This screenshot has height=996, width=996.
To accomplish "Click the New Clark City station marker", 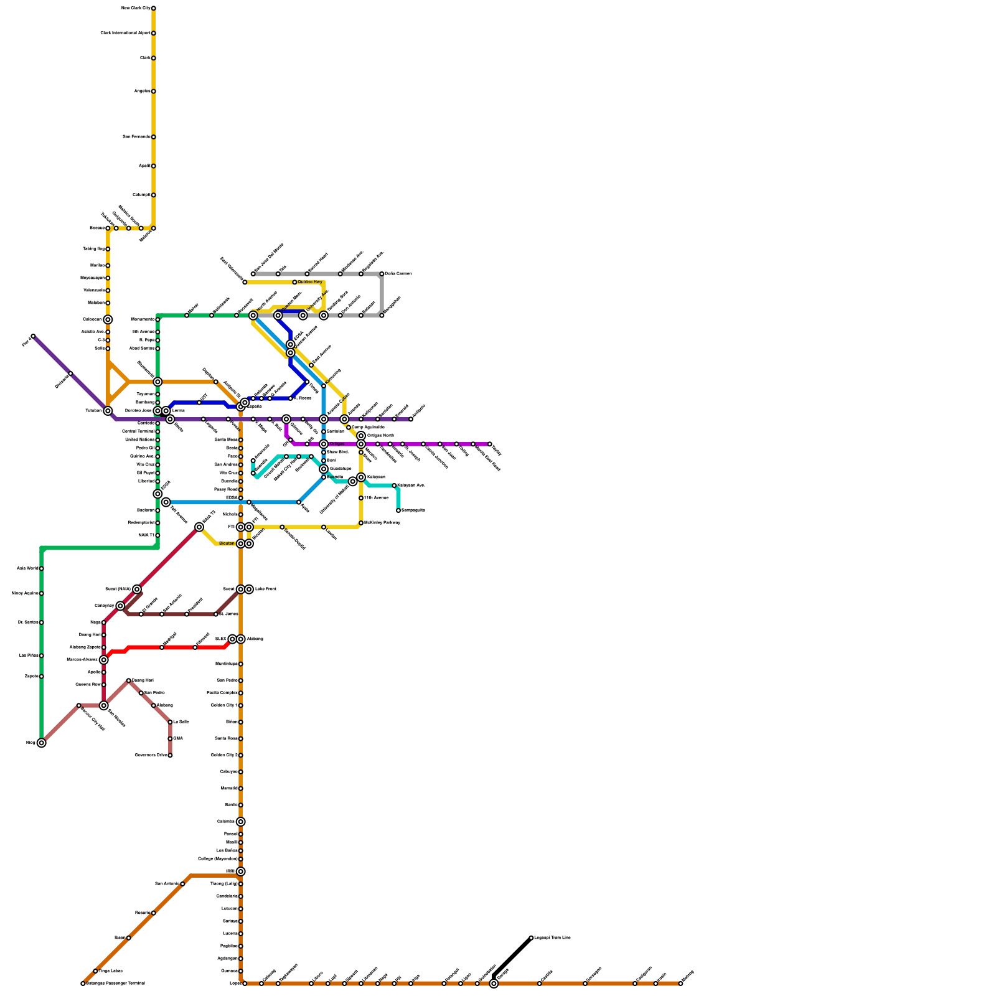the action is (x=153, y=8).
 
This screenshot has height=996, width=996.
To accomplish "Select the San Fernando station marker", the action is (x=153, y=137).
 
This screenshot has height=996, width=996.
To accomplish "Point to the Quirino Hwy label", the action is (x=310, y=282).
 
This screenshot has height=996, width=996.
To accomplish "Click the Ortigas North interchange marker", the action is (x=361, y=436).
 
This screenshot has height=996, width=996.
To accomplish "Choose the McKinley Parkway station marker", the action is (x=361, y=523).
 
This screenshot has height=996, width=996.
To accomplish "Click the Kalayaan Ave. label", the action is (x=411, y=485).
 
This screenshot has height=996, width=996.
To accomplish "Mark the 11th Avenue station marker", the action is (x=361, y=498).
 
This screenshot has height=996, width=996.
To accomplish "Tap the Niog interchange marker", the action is (x=41, y=743).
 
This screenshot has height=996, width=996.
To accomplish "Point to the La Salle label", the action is (x=181, y=722).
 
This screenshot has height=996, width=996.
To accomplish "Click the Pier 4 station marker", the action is (x=33, y=336).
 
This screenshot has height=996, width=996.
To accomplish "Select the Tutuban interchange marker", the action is (x=108, y=411).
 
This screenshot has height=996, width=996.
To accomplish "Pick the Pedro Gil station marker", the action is (x=157, y=448).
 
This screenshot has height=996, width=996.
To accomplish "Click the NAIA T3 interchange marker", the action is (x=199, y=527).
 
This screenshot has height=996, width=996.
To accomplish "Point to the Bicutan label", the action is (x=227, y=543).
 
